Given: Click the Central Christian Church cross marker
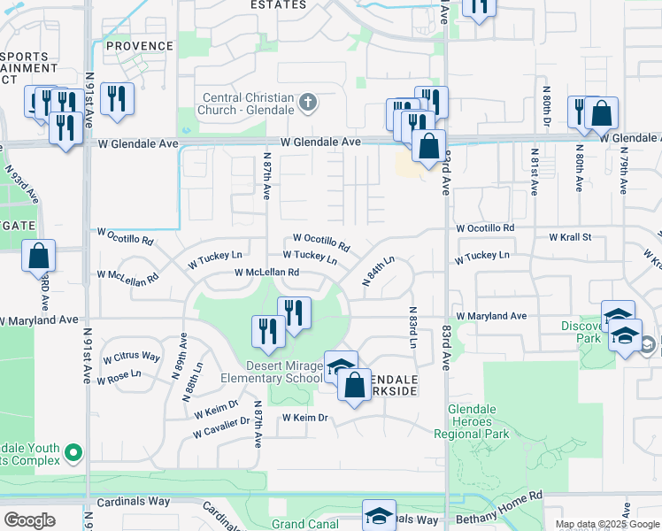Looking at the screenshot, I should pos(308,103).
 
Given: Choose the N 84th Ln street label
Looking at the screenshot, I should pos(379,271).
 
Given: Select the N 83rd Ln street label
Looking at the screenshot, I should pos(412,327).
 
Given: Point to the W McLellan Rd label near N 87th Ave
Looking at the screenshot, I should pos(266,273).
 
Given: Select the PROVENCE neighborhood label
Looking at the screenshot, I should pos(140,46).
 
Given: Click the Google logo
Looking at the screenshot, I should pos(30,520).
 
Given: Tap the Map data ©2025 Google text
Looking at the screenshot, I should pos(606,524).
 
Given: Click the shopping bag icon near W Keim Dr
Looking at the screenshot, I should pos(354,386).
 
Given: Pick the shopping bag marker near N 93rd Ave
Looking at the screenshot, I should pos(39,257).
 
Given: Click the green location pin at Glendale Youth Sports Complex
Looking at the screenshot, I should pos(72,453).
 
